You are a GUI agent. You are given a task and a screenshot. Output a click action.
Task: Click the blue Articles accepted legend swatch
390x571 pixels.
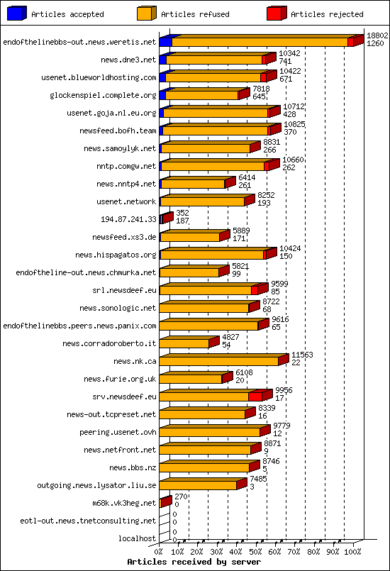pyautogui.click(x=15, y=13)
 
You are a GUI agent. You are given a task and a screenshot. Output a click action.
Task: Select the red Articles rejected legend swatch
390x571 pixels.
pyautogui.click(x=275, y=13)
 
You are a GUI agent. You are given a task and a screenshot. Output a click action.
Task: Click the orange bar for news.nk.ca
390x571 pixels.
pyautogui.click(x=219, y=361)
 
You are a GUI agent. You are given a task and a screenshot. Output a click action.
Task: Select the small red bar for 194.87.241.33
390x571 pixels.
pyautogui.click(x=167, y=218)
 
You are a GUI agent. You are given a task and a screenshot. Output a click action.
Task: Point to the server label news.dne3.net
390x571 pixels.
pyautogui.click(x=128, y=60)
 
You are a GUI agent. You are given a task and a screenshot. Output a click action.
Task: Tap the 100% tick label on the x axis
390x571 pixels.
pyautogui.click(x=352, y=551)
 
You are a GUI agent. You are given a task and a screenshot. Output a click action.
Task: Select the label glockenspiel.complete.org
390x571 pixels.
pyautogui.click(x=103, y=95)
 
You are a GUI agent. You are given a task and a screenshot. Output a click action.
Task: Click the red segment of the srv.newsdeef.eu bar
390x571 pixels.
pyautogui.click(x=257, y=396)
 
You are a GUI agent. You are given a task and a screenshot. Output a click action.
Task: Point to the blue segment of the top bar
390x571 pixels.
pyautogui.click(x=165, y=42)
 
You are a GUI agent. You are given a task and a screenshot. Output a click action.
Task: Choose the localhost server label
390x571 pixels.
pyautogui.click(x=137, y=538)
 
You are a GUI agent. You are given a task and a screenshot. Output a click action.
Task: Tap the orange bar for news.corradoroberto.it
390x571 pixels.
pyautogui.click(x=184, y=343)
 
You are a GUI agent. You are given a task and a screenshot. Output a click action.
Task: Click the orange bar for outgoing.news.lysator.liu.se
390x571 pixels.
pyautogui.click(x=199, y=485)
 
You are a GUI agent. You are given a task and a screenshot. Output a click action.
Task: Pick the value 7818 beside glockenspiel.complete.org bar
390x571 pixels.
pyautogui.click(x=261, y=89)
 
